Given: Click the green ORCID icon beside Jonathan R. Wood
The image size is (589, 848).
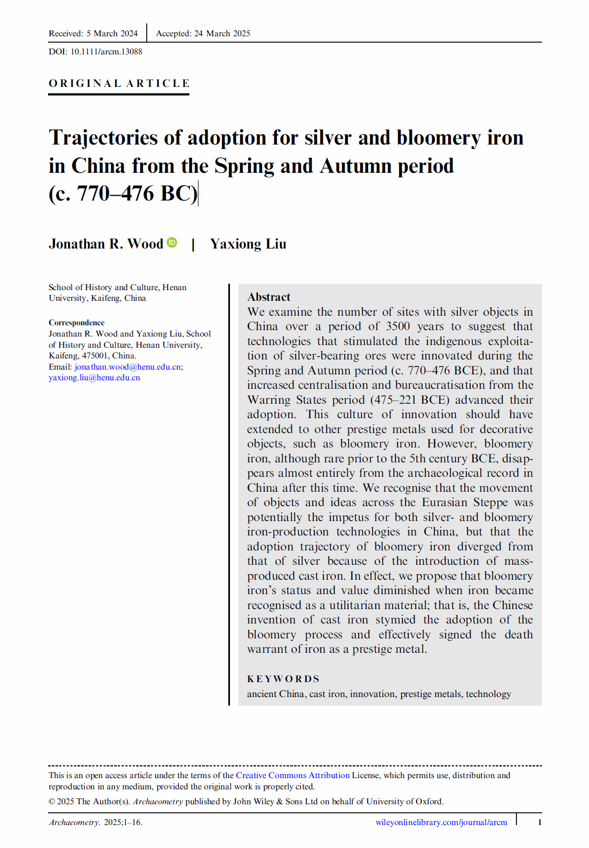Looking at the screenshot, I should click(x=172, y=243).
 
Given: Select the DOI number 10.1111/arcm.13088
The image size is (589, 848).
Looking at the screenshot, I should click(x=106, y=52).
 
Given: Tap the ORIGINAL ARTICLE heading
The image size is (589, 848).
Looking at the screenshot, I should click(x=119, y=84).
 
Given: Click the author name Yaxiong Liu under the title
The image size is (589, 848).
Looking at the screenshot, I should click(x=248, y=244).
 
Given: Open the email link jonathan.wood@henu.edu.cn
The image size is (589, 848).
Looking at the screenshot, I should click(x=128, y=367).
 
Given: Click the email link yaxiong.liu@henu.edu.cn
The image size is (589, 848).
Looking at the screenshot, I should click(x=94, y=378).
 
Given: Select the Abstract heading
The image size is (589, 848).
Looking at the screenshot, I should click(x=269, y=297).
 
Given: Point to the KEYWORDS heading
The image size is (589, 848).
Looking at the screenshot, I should click(x=283, y=679).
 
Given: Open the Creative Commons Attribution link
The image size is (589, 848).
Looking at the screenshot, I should click(x=292, y=775).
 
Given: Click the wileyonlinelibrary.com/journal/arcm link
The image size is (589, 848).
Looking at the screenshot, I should click(x=441, y=822).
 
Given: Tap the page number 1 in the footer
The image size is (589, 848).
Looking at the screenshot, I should click(x=539, y=822).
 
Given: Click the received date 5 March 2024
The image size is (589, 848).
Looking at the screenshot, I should click(x=112, y=34).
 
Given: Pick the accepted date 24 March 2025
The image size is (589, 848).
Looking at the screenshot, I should click(x=222, y=34).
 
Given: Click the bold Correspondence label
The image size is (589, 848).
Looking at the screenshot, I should click(x=76, y=323).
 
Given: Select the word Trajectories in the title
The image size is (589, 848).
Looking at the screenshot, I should click(x=104, y=138).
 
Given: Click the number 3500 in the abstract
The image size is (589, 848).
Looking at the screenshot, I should click(x=398, y=326).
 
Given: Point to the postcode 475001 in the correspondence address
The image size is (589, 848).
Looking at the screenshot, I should click(x=95, y=356).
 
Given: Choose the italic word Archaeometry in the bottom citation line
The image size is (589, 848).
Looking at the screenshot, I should click(x=74, y=822).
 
